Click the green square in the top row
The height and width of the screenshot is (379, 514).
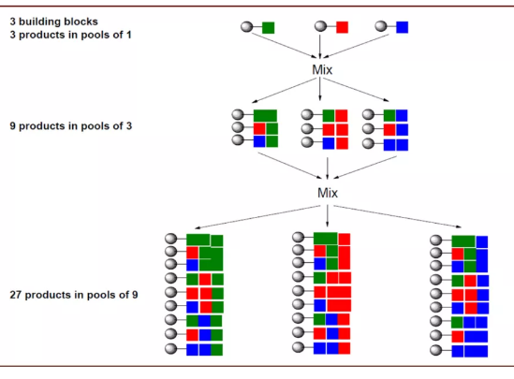tap(268, 27)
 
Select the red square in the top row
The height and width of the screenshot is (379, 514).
tap(342, 27)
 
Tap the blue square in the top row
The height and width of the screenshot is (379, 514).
tap(403, 27)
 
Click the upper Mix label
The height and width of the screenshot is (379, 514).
tap(322, 69)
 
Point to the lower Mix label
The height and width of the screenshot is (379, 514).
tap(328, 193)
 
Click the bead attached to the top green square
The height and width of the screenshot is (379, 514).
tap(247, 27)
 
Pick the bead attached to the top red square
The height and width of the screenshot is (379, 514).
tap(320, 26)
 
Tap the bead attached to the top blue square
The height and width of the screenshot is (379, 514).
tap(381, 26)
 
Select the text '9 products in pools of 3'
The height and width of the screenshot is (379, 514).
tap(71, 125)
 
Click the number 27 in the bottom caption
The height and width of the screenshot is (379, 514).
tap(15, 295)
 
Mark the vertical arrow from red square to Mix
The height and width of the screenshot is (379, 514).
tap(320, 47)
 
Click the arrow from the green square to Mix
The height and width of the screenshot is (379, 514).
tap(285, 46)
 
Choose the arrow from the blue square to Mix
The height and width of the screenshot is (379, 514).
tap(357, 46)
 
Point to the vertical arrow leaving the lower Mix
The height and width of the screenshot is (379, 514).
tap(327, 215)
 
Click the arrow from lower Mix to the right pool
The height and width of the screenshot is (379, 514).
tap(397, 216)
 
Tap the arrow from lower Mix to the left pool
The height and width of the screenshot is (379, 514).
tap(257, 217)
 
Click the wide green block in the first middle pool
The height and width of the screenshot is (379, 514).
tap(265, 116)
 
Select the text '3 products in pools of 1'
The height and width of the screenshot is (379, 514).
tap(70, 35)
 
